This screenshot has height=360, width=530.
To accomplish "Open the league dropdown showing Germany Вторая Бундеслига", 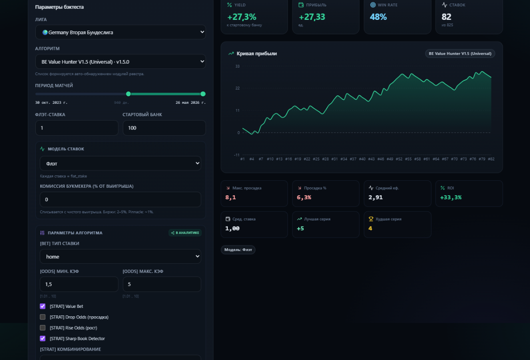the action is coord(120,32).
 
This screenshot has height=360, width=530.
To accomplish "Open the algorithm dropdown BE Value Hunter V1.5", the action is coord(120,61).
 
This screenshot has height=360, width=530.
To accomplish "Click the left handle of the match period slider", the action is coord(128,94).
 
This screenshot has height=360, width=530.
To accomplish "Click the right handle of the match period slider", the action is coord(203,94).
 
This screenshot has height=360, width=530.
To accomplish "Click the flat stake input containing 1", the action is coord(77,128).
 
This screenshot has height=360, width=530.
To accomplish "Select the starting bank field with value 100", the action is coord(164,128).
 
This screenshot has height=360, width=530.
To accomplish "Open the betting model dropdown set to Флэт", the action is coord(120,163).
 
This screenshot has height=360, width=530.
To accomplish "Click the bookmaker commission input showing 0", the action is coord(120,199).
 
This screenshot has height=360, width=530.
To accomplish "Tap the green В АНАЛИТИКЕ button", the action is coord(185,233).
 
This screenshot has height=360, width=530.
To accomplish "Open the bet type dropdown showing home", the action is coord(120,256).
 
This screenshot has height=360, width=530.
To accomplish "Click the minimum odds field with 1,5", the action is coord(79,284).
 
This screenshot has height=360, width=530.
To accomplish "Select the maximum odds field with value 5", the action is coord(162,284).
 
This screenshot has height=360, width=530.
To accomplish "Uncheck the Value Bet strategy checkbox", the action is coord(42,306).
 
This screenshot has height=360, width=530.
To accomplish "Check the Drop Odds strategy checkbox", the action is coord(42,317).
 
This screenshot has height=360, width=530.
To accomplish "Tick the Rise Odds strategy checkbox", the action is coord(42,328).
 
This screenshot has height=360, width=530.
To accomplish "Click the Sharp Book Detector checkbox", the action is coord(42,338).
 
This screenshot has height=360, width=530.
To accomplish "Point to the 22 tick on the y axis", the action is coord(238,88).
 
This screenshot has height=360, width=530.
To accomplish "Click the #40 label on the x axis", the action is coord(362,159).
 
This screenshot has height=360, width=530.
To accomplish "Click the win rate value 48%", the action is coord(378,17).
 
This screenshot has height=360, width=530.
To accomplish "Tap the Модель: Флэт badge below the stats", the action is coord(238,250).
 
